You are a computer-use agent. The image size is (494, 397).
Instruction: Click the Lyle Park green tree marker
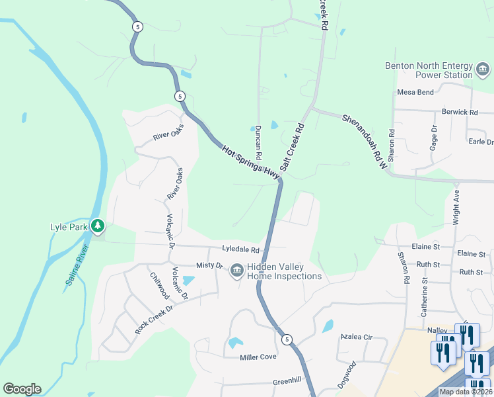[98, 227]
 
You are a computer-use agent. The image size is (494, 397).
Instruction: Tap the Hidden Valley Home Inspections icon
[236, 271]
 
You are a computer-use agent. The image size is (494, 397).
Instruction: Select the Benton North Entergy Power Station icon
[483, 69]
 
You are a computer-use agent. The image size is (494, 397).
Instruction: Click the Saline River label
[77, 267]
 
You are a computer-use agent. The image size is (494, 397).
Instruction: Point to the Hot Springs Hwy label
[251, 161]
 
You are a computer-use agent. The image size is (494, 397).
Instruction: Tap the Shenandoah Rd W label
[364, 140]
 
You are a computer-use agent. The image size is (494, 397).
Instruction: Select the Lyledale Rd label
[242, 250]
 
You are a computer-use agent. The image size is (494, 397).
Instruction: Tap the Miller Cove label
[258, 357]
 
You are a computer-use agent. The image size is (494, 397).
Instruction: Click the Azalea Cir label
[357, 337]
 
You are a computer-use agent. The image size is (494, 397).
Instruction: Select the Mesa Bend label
[415, 92]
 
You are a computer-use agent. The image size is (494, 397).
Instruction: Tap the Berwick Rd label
[460, 112]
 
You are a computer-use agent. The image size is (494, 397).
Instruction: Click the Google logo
[22, 389]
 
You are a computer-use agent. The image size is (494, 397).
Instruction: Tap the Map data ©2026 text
[465, 392]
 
